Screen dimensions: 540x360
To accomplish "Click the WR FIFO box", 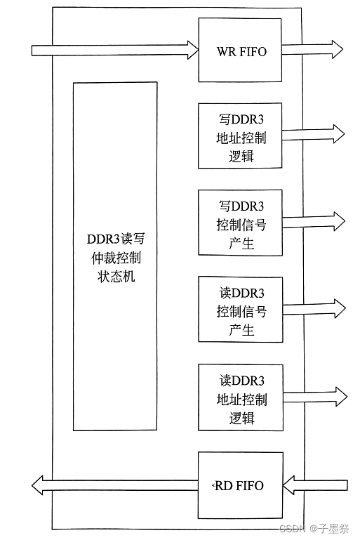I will (240, 51).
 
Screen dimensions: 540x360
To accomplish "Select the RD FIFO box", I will (240, 486).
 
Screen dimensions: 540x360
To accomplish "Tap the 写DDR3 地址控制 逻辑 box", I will (240, 136).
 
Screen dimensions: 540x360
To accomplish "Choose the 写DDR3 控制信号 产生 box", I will (240, 223).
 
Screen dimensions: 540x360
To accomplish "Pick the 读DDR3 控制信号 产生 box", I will (240, 310).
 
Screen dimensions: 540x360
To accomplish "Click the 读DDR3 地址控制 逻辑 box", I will (240, 397).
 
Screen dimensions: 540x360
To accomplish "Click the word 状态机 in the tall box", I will (116, 275).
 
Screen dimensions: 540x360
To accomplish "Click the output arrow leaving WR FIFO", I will (313, 49).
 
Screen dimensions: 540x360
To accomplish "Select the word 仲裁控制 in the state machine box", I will (116, 256).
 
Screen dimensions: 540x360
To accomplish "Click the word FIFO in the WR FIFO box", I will (253, 52).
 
